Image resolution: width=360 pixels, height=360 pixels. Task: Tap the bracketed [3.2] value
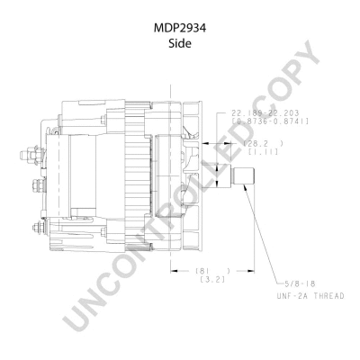tap(213, 279)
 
